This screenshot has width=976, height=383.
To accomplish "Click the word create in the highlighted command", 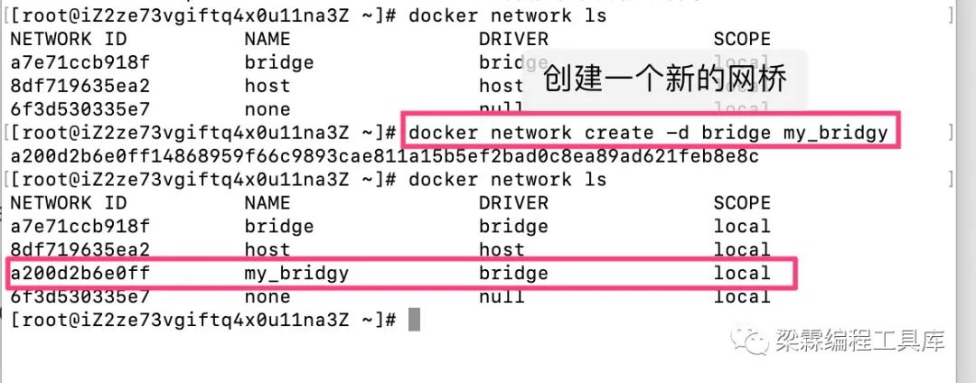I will (x=619, y=134).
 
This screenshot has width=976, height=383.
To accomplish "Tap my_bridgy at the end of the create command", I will (x=836, y=134).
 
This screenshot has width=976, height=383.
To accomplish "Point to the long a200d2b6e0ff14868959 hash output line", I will (x=384, y=156).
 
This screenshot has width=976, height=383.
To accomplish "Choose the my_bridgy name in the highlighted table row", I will (x=296, y=273).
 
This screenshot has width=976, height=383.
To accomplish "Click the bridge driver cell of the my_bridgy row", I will (x=513, y=273).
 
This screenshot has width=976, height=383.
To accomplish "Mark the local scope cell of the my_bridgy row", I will (x=742, y=273).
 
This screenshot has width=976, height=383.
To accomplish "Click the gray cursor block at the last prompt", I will (x=414, y=320).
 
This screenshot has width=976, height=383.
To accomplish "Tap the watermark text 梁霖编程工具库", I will (x=859, y=341).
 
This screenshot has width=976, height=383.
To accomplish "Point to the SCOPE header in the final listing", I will (x=742, y=202).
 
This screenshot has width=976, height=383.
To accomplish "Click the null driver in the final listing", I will (x=502, y=296).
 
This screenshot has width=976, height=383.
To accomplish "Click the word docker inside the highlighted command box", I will (x=444, y=134).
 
